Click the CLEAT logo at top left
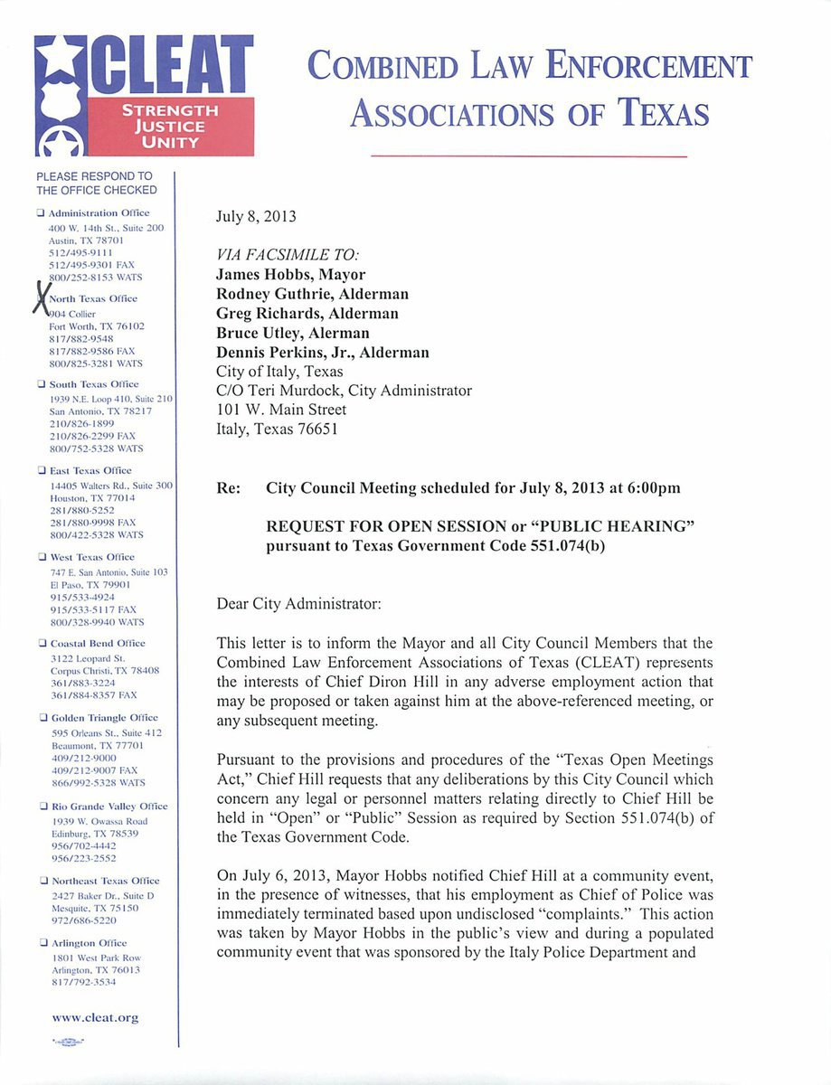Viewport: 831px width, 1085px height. coord(145,95)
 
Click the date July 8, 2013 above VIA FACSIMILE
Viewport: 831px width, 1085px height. coord(256,217)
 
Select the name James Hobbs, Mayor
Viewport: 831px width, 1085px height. coord(290,274)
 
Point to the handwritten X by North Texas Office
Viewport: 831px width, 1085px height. coord(40,297)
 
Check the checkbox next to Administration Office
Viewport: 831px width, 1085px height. coord(41,212)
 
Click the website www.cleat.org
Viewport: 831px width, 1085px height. coord(96,1017)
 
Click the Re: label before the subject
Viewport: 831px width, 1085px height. coord(229,488)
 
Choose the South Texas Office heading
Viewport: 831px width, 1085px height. coord(93,384)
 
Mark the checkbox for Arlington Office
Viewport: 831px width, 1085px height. coord(41,943)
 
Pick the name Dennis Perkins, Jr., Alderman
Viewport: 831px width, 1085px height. coord(323,353)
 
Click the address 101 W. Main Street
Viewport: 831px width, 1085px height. coord(281,410)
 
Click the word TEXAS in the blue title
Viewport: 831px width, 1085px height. coord(663,113)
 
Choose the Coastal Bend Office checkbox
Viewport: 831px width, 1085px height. coord(41,643)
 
